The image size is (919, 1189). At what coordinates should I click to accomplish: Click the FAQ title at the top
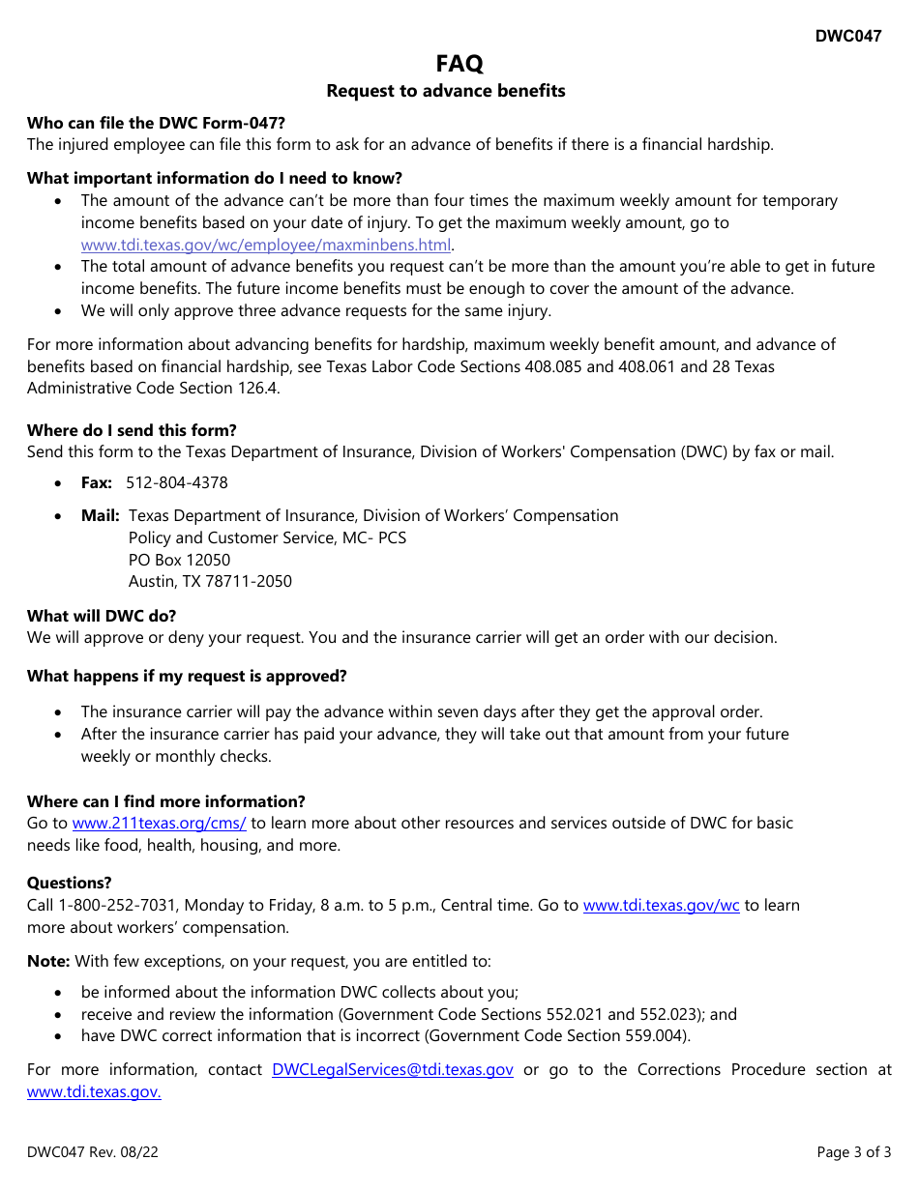click(x=459, y=64)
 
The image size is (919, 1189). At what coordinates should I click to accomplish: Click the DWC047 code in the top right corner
click(x=847, y=37)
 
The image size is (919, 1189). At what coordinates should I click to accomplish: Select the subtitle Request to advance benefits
click(x=446, y=91)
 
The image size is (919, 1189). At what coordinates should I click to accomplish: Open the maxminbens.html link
click(x=266, y=245)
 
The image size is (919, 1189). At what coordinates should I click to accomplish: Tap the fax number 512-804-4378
click(x=177, y=482)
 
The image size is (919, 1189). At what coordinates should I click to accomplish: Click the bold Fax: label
click(x=97, y=482)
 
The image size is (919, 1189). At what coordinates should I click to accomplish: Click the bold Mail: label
click(x=101, y=515)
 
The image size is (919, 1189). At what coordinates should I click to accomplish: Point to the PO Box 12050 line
click(x=179, y=560)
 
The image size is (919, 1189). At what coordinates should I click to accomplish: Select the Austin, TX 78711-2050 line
click(x=210, y=582)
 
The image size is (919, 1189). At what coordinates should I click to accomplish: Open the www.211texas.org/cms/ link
click(x=160, y=824)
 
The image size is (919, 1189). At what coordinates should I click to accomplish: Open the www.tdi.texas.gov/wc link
click(x=662, y=906)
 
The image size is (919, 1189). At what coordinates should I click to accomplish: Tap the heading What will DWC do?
click(x=102, y=616)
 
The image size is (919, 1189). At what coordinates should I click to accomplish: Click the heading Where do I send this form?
click(x=132, y=430)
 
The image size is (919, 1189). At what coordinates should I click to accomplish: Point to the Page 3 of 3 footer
click(x=854, y=1152)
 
